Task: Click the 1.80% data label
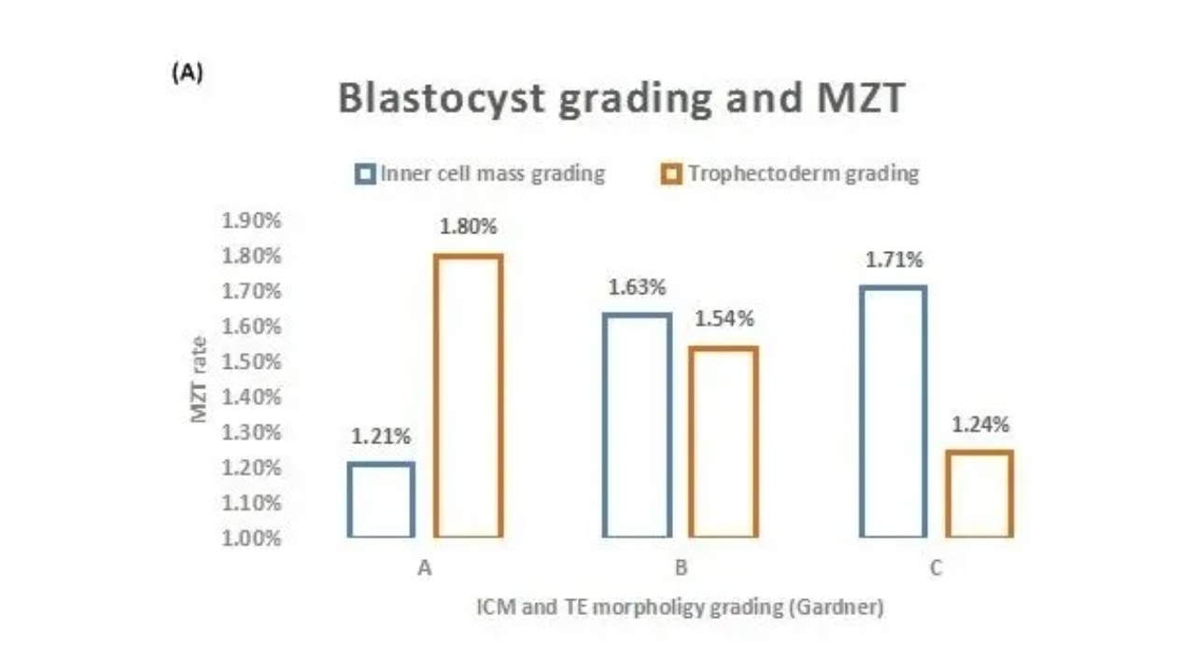(x=468, y=227)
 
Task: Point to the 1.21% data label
(x=381, y=436)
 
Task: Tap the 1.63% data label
(x=637, y=287)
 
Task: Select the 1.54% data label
(x=724, y=319)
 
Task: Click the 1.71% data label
(x=893, y=259)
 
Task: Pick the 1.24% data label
(x=980, y=425)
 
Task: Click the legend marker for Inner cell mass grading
(x=365, y=174)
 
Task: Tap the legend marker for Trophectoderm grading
(x=671, y=174)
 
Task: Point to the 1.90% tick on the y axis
(x=251, y=220)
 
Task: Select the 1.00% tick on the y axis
(x=251, y=539)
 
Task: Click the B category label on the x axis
(x=681, y=567)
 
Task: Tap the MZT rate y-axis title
(x=199, y=379)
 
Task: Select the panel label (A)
(x=188, y=73)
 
